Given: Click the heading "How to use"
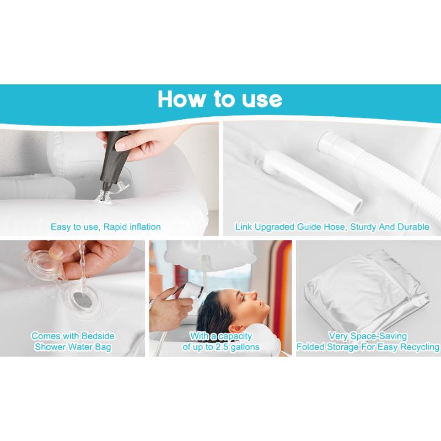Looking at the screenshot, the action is tap(219, 99).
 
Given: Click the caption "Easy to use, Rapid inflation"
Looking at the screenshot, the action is tap(105, 227).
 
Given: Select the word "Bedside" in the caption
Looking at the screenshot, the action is tap(98, 336).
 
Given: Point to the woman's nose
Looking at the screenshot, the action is tap(254, 295).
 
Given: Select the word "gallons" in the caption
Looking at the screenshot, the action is tap(245, 347).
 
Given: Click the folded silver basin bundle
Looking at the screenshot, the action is tap(366, 293).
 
